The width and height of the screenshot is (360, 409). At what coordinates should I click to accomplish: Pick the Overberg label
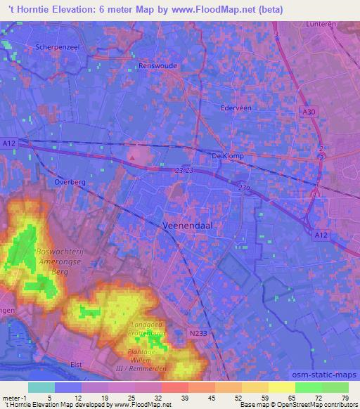(x=69, y=181)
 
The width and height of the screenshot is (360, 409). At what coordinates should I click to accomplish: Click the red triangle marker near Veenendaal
(x=131, y=157)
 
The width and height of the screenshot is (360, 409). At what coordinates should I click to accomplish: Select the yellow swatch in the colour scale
(x=282, y=387)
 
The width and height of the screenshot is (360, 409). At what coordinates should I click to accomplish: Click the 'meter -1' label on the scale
(x=14, y=397)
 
